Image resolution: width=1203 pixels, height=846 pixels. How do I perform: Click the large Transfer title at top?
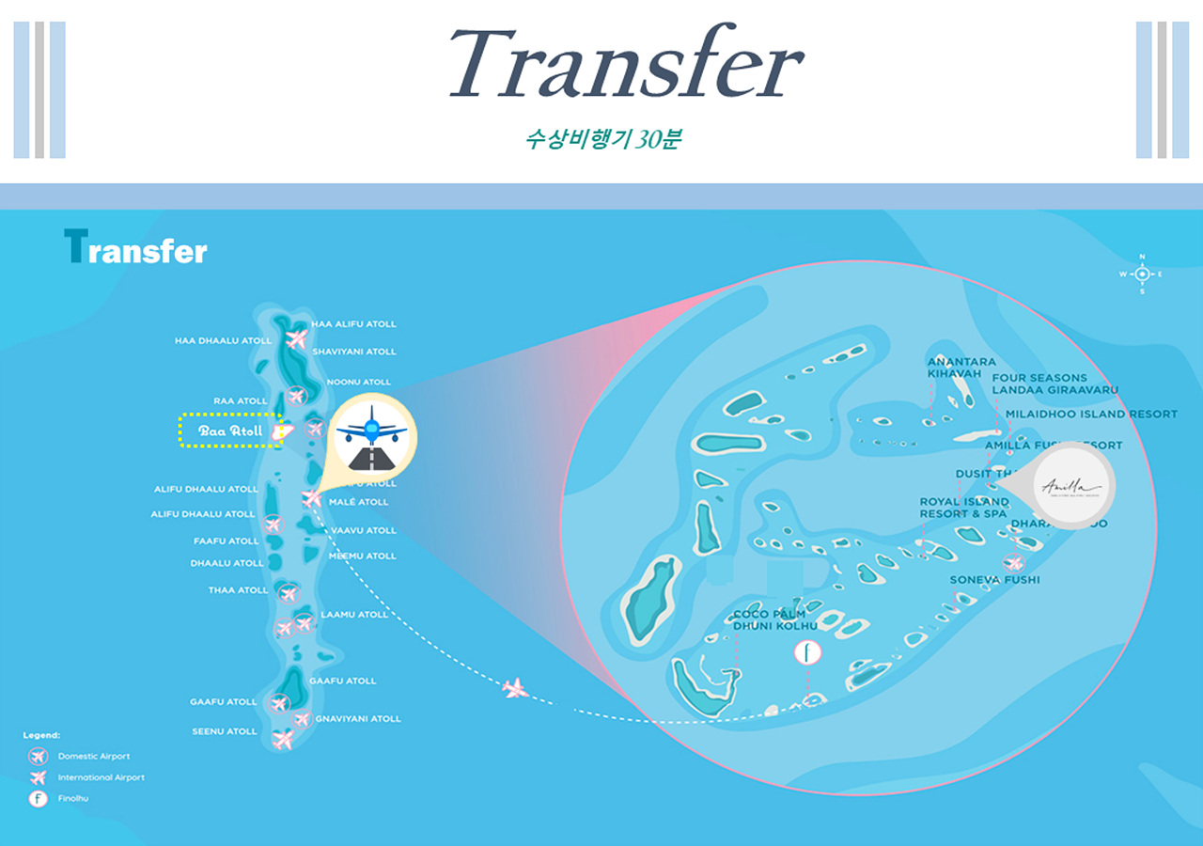point(625,64)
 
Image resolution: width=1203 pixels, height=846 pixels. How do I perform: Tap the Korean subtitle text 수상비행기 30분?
point(602,139)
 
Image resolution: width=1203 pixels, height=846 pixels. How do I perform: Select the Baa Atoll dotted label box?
point(230,431)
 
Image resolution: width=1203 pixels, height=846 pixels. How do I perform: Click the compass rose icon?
point(1142,274)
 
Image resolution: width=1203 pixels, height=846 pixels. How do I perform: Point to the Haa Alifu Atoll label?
point(353,324)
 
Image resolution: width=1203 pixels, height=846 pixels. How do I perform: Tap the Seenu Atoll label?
point(225,731)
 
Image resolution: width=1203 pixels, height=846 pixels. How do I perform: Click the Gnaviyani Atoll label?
point(358,719)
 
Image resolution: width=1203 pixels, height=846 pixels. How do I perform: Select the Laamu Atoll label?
point(354,615)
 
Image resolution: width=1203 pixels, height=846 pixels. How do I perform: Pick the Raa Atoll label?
point(241,401)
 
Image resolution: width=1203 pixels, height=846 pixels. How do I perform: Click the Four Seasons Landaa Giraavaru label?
point(1055,384)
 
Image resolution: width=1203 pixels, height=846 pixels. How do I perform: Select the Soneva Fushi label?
point(994,580)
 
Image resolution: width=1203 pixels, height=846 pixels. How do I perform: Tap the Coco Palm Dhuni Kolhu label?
point(769,619)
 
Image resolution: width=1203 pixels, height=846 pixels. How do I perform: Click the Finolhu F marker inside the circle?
point(807,651)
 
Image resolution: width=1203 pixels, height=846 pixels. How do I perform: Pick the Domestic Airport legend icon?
point(38,756)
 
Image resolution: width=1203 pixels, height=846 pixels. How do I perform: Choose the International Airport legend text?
point(102,777)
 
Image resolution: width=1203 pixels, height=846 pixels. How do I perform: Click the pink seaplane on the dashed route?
point(514,688)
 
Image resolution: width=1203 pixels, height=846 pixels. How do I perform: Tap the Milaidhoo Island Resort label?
point(1090,414)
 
